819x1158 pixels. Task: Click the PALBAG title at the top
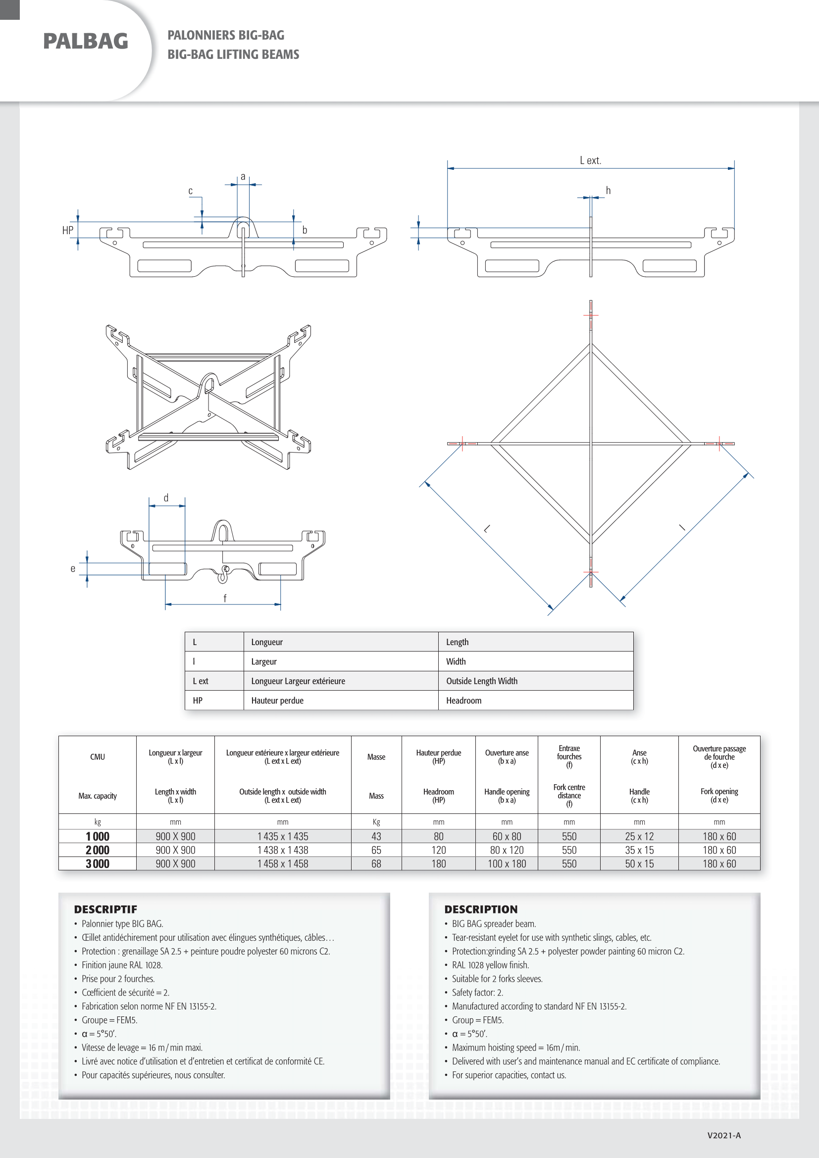85,42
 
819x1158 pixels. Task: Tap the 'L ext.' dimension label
590,160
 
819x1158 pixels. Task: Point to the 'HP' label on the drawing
67,231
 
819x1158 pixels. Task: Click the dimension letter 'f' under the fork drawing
225,598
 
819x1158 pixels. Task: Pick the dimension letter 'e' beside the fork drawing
73,569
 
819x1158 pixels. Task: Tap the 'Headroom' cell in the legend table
463,701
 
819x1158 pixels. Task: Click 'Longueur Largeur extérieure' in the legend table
298,681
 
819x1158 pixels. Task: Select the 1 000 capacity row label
98,836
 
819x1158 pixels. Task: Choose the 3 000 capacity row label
98,863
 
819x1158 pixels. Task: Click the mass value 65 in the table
376,850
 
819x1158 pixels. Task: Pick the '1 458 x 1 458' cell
282,863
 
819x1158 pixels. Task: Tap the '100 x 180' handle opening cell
507,863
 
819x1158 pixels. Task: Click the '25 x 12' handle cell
639,836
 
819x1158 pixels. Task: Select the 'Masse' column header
376,757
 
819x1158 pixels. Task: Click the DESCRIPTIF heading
105,909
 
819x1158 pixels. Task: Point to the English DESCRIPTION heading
481,909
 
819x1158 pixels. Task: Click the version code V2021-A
724,1135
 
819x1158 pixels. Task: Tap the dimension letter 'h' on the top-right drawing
608,191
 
